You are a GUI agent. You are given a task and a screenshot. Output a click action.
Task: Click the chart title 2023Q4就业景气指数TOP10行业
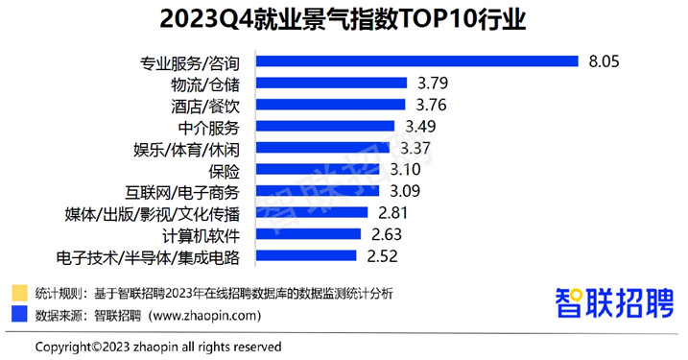[x=344, y=20]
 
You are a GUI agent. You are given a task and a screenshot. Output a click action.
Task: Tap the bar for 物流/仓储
[x=326, y=84]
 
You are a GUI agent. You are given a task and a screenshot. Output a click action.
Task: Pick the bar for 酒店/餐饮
[x=325, y=105]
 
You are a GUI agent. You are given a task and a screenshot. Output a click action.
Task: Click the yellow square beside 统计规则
[x=19, y=292]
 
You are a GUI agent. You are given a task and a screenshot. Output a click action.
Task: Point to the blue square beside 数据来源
[x=19, y=314]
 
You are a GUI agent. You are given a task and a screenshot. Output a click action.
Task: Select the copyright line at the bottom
[x=158, y=346]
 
